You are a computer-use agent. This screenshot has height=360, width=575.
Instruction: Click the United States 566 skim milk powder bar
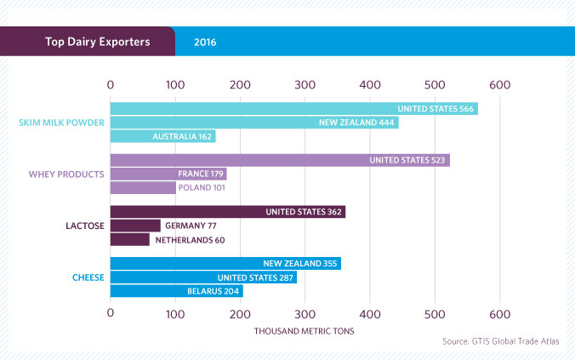coord(293,109)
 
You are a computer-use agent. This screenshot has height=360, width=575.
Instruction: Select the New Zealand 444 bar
coord(254,123)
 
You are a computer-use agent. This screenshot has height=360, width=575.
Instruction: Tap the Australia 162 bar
coord(162,136)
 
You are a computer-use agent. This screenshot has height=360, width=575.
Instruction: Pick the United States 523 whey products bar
coord(280,160)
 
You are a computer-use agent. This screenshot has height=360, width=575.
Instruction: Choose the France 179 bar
coord(168,174)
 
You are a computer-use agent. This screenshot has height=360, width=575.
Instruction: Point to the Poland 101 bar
coord(143,187)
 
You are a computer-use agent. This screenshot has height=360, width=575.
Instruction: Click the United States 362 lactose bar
coord(228,212)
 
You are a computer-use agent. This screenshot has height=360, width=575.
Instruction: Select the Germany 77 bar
coord(135,226)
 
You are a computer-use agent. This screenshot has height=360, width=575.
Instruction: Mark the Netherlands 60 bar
coord(130,239)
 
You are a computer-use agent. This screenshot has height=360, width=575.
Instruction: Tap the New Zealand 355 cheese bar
coord(225,264)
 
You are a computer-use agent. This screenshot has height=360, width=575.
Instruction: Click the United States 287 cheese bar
coord(203,277)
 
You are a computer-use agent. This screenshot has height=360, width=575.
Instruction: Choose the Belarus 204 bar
coord(176,291)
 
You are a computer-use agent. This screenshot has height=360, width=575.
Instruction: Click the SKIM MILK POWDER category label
coord(61,123)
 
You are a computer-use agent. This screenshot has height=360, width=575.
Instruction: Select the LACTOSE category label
coord(84,226)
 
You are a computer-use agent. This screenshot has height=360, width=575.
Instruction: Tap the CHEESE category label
coord(87,277)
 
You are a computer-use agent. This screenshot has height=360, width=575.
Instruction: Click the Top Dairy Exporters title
coord(87,41)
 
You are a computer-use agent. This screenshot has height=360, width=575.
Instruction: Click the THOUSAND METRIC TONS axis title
coord(305,329)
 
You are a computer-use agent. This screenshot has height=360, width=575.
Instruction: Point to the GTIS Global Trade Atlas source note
coord(501,341)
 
